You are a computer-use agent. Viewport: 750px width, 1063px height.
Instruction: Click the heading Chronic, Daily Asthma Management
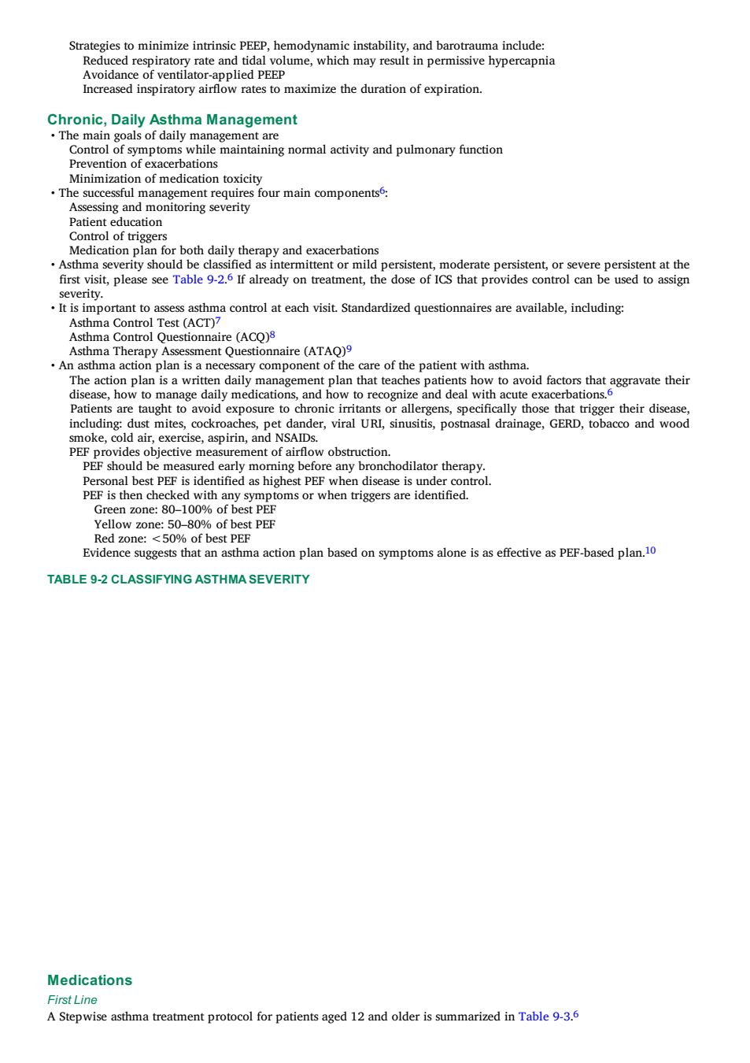[172, 120]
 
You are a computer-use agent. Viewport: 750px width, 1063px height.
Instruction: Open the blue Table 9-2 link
[198, 280]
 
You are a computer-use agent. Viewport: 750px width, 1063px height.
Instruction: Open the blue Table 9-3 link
[544, 1017]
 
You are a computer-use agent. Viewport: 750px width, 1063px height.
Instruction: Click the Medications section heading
[90, 980]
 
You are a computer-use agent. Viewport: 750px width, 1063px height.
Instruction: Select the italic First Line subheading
[72, 999]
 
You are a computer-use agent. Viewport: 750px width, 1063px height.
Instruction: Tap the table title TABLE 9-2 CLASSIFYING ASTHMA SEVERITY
[179, 580]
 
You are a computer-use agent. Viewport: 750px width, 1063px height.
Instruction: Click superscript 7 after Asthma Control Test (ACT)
[218, 320]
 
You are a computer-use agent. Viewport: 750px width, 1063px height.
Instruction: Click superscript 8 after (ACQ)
[272, 335]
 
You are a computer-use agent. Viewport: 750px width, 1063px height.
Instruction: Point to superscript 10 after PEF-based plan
[650, 550]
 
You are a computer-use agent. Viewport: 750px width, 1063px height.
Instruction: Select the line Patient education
[116, 222]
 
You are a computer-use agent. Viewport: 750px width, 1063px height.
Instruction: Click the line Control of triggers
[118, 236]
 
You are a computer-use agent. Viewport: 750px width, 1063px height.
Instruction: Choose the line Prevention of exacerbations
[143, 164]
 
